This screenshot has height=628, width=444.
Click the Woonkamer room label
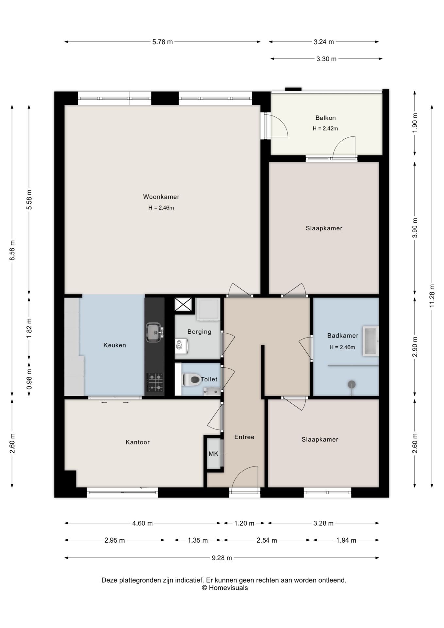pos(161,197)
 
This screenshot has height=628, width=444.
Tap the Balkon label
pos(325,118)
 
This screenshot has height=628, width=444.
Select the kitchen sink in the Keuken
pos(154,332)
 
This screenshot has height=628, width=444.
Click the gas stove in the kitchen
pos(155,382)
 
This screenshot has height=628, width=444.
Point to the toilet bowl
pos(191,380)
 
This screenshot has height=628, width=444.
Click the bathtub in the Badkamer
pos(370,341)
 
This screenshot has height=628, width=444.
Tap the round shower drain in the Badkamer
pos(351,384)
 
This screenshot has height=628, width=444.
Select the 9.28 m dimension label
pos(222,558)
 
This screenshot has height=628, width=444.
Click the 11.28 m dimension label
pos(432,296)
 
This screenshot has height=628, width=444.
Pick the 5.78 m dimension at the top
pos(162,42)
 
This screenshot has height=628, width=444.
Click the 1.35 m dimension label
pos(197,540)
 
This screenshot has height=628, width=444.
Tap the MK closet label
pos(213,454)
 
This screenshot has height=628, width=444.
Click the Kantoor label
pos(138,442)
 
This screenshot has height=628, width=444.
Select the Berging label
pos(199,332)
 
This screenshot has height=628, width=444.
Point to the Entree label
pos(244,437)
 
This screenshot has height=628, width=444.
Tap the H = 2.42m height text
pos(325,129)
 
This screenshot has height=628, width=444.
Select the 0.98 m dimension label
pos(29,379)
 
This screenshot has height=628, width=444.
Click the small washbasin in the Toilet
pos(212,391)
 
